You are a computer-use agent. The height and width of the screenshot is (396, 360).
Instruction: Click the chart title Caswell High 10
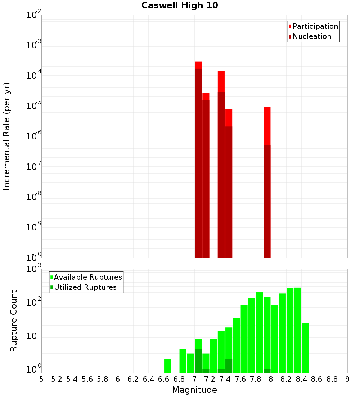[180, 5]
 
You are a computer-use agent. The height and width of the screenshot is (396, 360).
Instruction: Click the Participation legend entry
[315, 26]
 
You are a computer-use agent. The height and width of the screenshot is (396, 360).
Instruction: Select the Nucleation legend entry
[311, 36]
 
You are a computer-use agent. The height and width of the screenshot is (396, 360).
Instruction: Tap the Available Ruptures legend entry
[87, 277]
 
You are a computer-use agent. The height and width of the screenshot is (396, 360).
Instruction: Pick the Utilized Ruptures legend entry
[85, 287]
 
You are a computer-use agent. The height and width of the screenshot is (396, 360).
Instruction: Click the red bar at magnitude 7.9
[267, 126]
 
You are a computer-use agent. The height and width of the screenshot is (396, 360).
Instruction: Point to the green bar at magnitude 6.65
[167, 366]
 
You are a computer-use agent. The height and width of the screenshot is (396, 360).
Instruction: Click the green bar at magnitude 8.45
[305, 347]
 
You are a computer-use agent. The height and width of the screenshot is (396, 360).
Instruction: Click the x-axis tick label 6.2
[133, 379]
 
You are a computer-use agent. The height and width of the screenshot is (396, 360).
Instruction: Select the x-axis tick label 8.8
[332, 379]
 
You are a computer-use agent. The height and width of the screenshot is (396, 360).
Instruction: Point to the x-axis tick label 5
[41, 379]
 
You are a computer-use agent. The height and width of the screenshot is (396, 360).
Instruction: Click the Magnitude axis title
[194, 390]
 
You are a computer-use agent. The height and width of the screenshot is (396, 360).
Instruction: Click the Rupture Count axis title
[14, 320]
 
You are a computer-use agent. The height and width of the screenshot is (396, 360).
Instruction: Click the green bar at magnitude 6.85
[183, 361]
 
